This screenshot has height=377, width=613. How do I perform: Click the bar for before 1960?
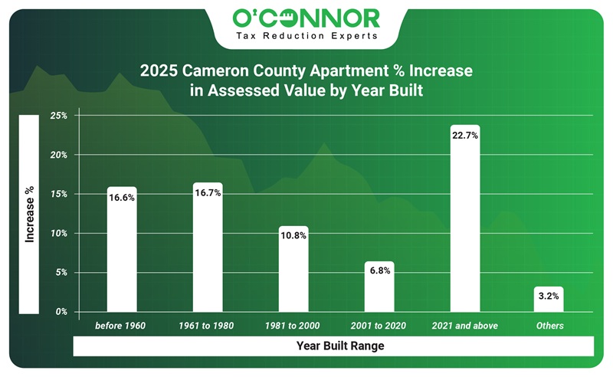[122, 253]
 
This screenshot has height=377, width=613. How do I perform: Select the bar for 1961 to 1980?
[208, 253]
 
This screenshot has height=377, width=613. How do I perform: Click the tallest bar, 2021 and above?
[465, 222]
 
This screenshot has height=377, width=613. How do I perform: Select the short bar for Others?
[550, 300]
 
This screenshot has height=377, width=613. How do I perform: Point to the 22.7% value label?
[465, 137]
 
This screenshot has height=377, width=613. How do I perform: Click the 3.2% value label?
[550, 295]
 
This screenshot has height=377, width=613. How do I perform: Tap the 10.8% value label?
[293, 236]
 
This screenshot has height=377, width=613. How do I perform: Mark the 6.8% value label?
[379, 270]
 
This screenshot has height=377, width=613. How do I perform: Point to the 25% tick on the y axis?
[58, 116]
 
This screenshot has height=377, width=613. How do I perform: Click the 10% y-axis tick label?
[58, 233]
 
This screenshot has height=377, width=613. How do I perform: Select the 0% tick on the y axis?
[61, 312]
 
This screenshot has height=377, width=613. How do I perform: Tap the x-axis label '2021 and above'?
[465, 326]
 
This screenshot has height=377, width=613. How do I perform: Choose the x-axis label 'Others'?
[550, 326]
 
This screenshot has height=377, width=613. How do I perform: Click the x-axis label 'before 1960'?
[120, 326]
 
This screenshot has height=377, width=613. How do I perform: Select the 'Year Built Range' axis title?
[340, 346]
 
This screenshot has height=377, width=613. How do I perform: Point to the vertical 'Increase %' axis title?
[29, 215]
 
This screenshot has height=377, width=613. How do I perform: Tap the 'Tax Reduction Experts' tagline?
[306, 35]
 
